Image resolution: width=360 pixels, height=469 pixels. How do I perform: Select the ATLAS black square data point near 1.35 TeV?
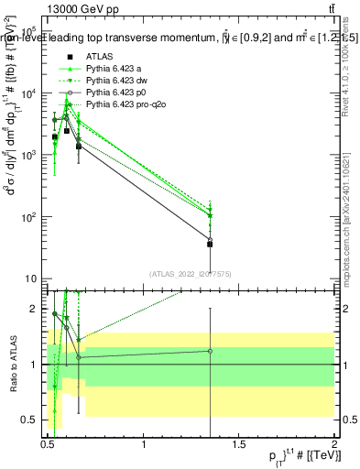[x=211, y=244]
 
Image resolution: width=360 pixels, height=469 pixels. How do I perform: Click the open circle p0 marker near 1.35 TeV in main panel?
[x=211, y=239]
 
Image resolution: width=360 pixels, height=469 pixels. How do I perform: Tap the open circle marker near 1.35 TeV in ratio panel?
[x=211, y=351]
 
